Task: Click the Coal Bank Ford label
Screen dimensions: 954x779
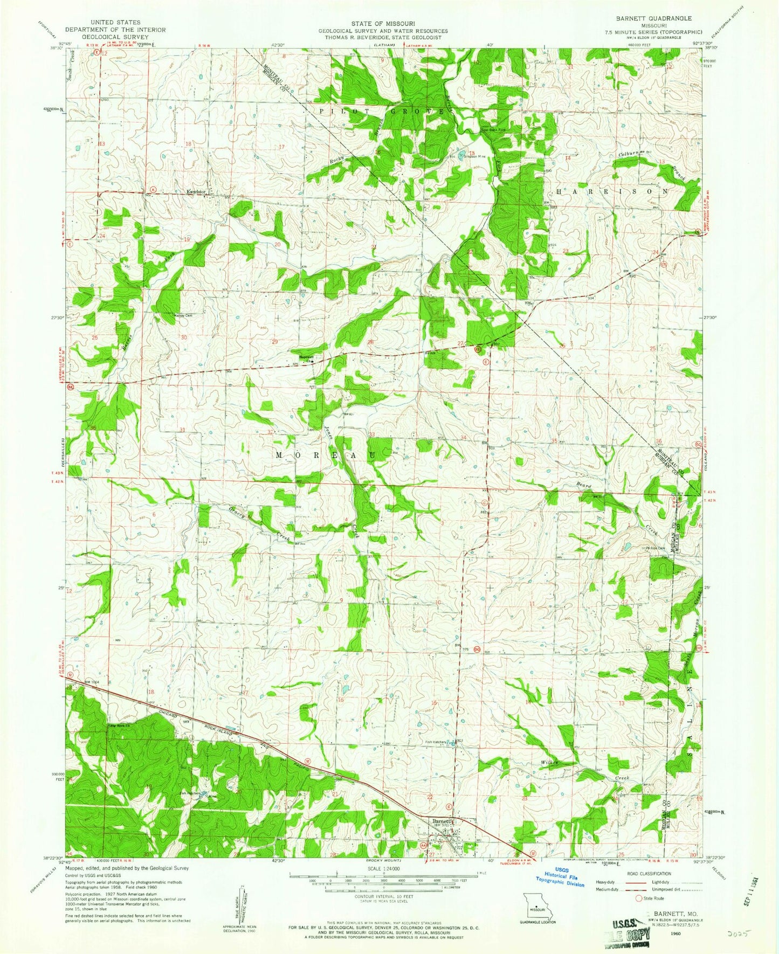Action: [x=493, y=129]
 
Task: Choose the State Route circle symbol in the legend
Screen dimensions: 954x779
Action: [x=639, y=898]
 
